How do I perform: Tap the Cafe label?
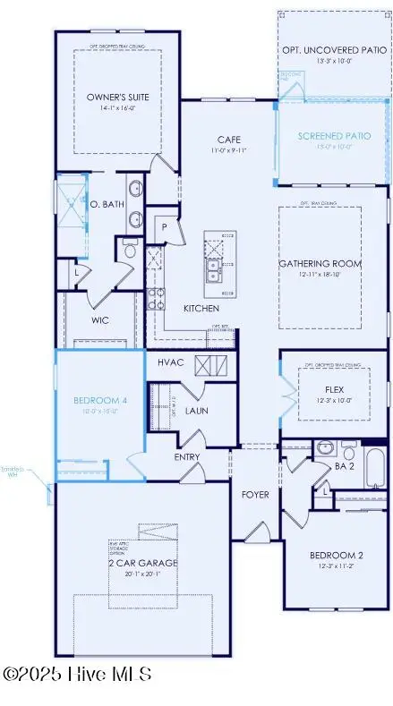tap(226, 139)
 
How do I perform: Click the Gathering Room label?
tap(320, 263)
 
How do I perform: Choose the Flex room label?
tap(336, 389)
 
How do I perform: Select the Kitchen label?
tap(201, 307)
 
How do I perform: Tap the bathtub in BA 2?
tap(374, 465)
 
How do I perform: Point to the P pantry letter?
tap(166, 227)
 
